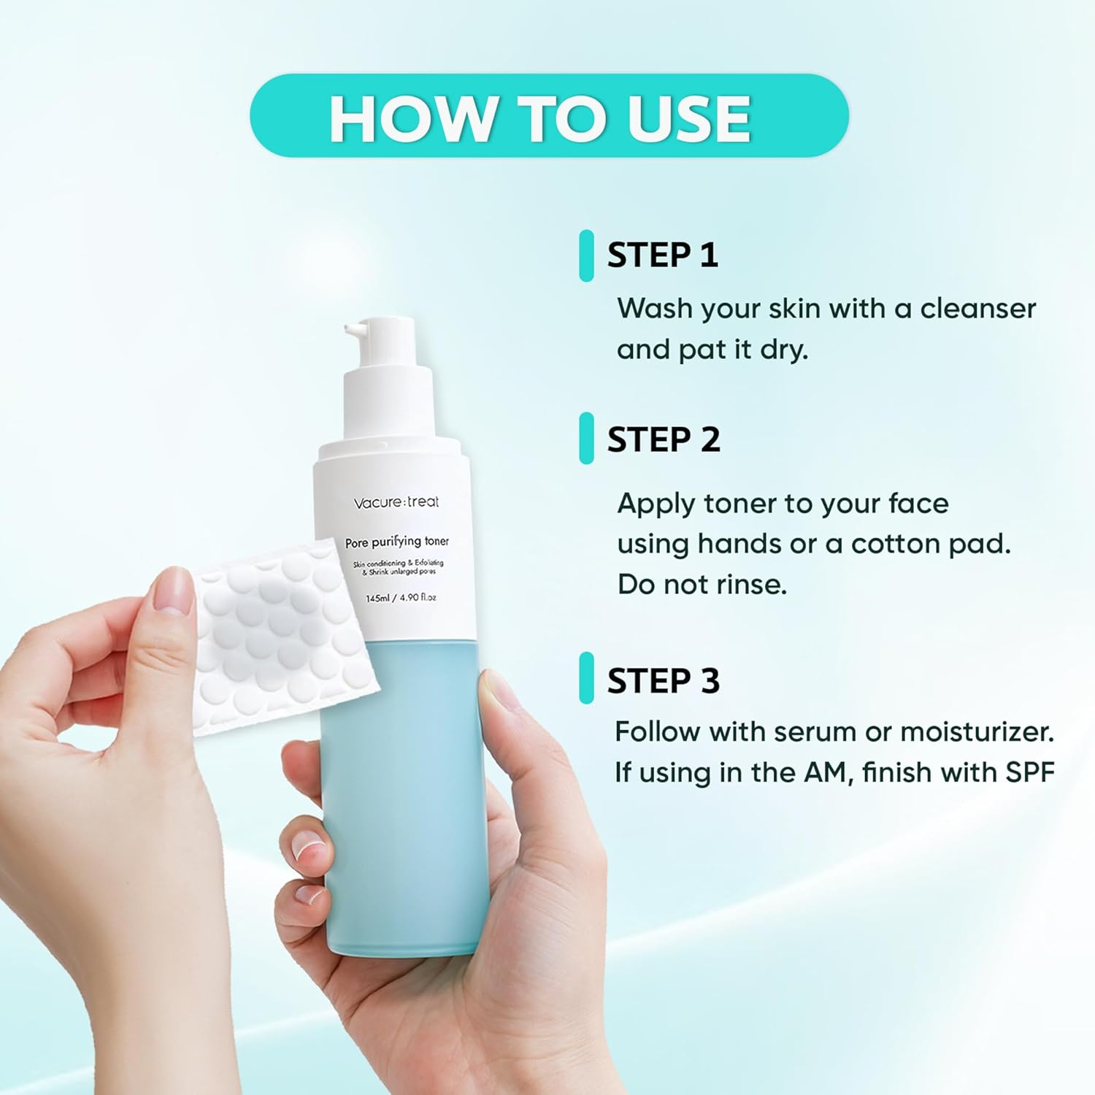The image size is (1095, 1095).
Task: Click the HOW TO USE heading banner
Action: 549,117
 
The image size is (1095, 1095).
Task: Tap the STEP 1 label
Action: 663,255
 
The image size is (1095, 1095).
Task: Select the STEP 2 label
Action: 664,439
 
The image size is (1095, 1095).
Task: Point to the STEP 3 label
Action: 664,680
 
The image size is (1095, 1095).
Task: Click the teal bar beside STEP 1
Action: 586,255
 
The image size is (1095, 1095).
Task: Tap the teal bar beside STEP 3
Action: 586,678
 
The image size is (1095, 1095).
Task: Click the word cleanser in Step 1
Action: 977,309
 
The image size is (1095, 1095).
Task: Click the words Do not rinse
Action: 702,585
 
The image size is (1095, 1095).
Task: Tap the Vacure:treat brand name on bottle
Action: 396,502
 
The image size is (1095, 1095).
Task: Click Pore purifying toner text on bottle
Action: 396,542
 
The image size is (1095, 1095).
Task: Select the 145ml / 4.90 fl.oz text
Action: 401,598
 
